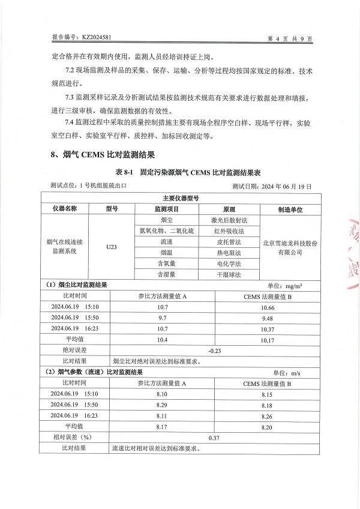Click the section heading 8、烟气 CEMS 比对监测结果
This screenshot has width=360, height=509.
click(x=99, y=155)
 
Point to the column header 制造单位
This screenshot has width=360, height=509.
click(x=290, y=209)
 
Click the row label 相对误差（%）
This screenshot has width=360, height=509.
click(x=74, y=438)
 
